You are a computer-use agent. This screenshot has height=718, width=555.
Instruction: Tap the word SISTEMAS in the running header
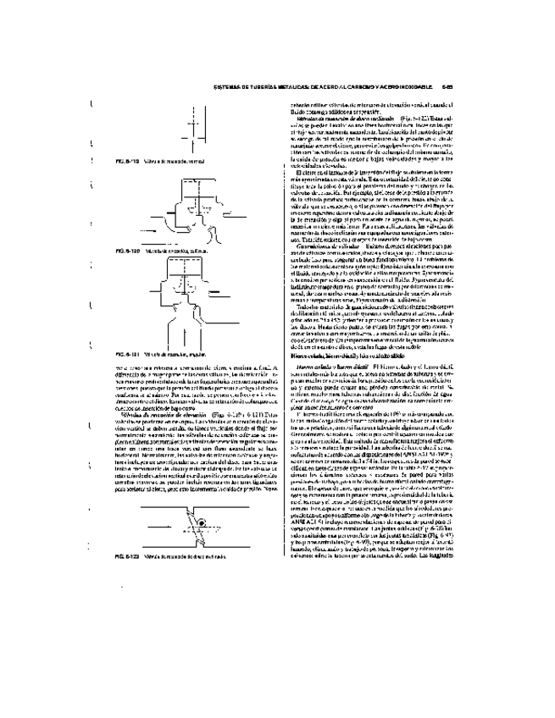coord(228,86)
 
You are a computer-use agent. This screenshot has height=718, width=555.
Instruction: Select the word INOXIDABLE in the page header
coord(419,86)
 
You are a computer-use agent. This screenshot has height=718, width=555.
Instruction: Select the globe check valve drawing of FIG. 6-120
coord(195,212)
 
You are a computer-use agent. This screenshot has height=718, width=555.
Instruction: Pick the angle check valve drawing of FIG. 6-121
coord(196,305)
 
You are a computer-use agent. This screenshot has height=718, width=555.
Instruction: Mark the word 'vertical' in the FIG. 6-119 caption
coord(185,160)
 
